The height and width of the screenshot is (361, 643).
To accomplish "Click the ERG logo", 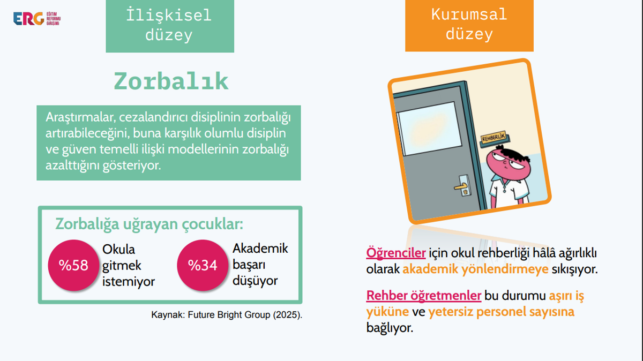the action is click(x=37, y=19).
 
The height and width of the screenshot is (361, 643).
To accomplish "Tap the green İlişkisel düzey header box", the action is click(x=170, y=26).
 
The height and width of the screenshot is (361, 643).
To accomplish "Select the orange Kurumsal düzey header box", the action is click(x=469, y=26).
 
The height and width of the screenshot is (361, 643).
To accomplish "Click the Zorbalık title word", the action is click(x=171, y=81).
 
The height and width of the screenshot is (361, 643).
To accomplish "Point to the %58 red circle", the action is click(x=73, y=265).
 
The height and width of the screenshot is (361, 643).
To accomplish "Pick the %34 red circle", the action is click(x=203, y=265).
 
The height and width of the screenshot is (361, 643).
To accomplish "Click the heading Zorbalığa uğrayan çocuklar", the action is click(x=149, y=224).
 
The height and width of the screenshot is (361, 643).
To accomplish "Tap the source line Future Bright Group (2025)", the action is click(x=227, y=315).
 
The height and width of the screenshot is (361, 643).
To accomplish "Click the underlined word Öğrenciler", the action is click(x=396, y=253).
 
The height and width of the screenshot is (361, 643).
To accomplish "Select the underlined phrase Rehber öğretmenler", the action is click(x=424, y=296).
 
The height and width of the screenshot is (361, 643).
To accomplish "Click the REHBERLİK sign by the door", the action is click(x=494, y=138).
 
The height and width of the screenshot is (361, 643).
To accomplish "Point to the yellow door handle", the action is click(x=461, y=187).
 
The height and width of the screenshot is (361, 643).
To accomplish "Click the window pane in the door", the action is click(x=429, y=128).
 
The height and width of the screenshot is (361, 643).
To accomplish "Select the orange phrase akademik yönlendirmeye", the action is click(x=475, y=269).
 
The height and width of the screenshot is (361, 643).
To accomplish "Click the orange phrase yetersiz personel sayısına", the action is click(x=501, y=312).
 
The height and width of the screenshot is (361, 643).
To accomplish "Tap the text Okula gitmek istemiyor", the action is click(x=128, y=266).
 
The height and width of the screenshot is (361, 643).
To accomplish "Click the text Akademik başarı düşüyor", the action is click(x=260, y=265).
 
